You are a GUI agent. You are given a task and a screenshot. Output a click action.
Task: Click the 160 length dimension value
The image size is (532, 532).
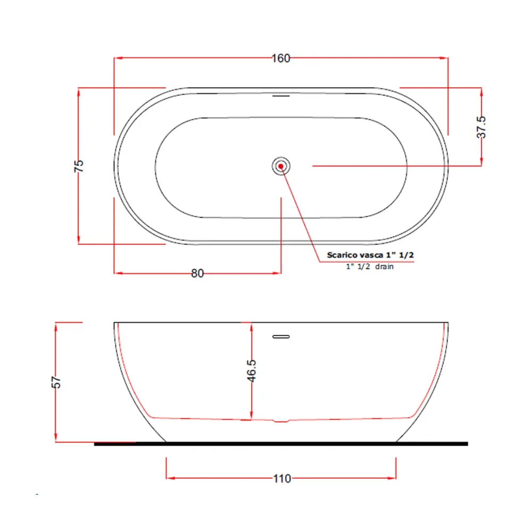coord(281,59)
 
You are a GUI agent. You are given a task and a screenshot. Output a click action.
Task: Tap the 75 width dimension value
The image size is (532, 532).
coord(79,166)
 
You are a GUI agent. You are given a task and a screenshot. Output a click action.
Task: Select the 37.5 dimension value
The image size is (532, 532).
coord(481,127)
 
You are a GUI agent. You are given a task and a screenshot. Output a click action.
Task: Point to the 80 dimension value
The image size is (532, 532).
coord(197,273)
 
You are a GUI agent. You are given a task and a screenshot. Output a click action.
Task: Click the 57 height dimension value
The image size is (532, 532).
coord(56,382)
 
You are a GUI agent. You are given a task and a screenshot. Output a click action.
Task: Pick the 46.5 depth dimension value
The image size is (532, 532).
coord(252,371)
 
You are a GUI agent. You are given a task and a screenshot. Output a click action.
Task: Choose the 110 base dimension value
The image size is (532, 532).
coord(282,479)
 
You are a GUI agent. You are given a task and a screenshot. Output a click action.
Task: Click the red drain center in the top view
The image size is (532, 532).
coord(281,166)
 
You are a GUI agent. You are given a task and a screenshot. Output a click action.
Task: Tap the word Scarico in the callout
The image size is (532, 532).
coord(342,255)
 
